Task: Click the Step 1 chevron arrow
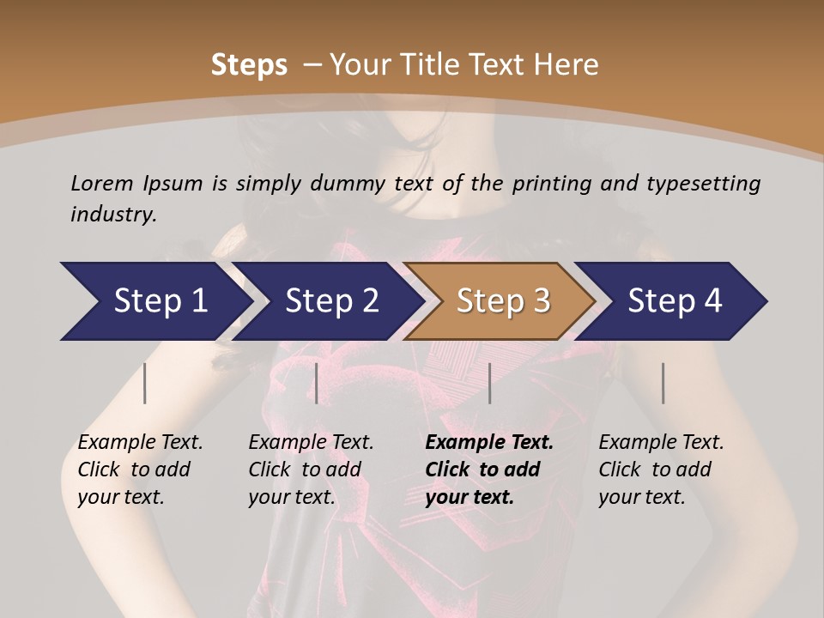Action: (x=160, y=301)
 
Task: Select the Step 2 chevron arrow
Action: (x=331, y=301)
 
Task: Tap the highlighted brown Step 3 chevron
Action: (x=503, y=301)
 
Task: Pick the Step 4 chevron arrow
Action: (x=675, y=301)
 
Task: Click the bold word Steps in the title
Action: (x=249, y=65)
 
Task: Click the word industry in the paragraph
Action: (x=113, y=214)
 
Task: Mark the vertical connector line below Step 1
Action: (x=145, y=383)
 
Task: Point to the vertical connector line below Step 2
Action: (x=317, y=383)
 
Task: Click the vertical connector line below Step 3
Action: (x=490, y=383)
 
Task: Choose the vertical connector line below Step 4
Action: (x=663, y=383)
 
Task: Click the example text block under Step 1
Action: (x=140, y=470)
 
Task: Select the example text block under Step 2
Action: (x=311, y=470)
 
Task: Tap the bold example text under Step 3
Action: (x=489, y=470)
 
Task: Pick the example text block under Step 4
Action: (x=661, y=470)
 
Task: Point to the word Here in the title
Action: (x=568, y=65)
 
